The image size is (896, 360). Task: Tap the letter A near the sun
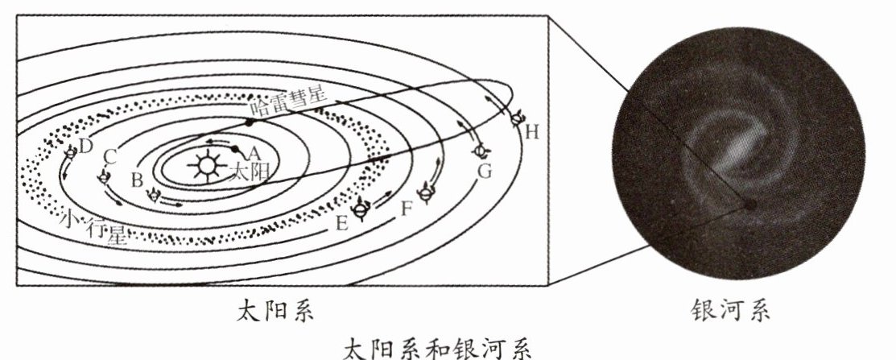click(254, 152)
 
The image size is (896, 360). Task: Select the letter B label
click(137, 178)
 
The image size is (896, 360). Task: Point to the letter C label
click(112, 156)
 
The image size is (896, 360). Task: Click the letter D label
click(86, 146)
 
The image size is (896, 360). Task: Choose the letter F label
click(407, 209)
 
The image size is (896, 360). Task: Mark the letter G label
click(484, 172)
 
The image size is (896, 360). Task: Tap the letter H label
click(531, 132)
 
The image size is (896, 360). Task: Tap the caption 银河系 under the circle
click(729, 310)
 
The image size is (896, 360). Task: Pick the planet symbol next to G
click(481, 151)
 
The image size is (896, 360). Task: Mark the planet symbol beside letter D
click(70, 151)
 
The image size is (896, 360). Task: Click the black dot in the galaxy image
click(749, 205)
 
